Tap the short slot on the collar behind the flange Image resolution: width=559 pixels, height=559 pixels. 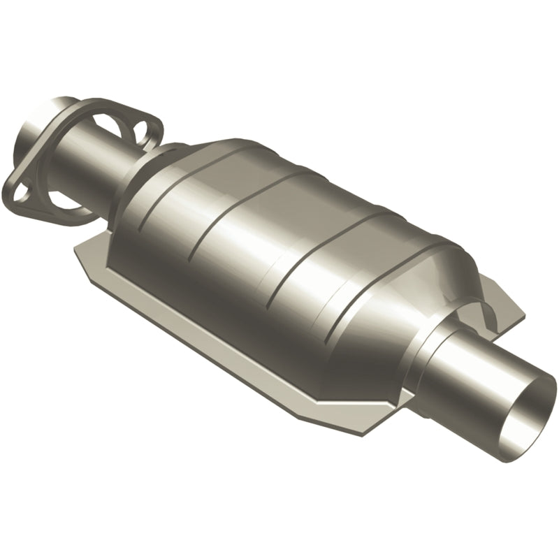tap(175, 150)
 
